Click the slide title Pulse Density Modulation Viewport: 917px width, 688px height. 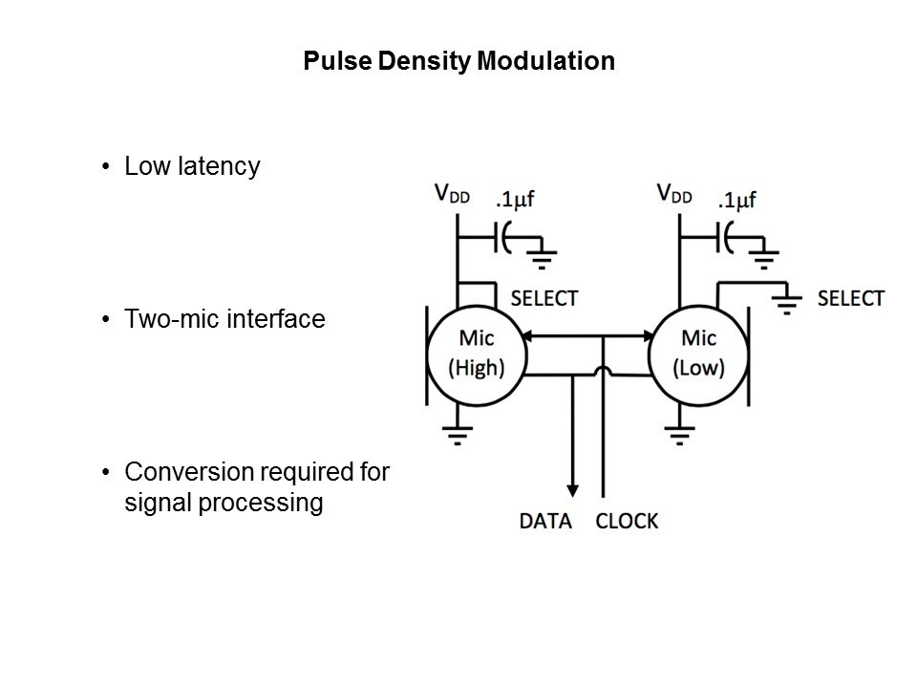[458, 62]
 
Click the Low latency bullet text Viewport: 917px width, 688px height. [192, 167]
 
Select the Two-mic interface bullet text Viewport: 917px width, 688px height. [225, 320]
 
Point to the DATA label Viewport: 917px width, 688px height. [545, 522]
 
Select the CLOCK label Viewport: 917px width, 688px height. [627, 522]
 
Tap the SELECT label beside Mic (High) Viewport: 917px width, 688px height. [544, 298]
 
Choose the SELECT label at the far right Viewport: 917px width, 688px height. [851, 298]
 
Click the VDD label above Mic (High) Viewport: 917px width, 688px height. [456, 195]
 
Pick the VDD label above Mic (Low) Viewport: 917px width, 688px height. [675, 195]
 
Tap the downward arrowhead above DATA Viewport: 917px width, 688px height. [571, 483]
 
